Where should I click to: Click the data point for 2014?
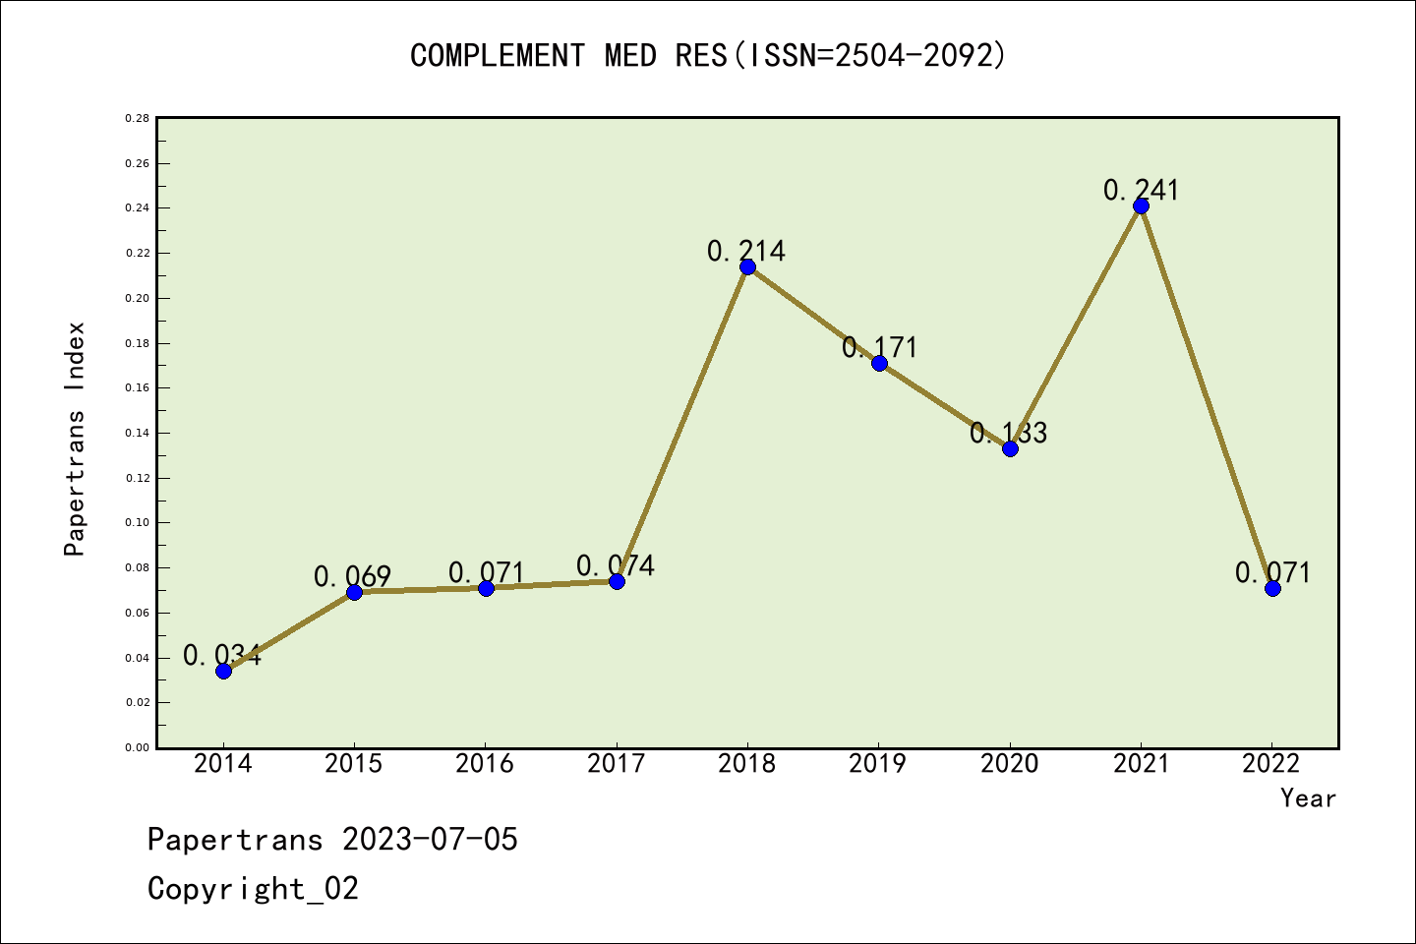[x=223, y=671]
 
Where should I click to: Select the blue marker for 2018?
[x=747, y=266]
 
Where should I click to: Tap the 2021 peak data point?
[x=1141, y=206]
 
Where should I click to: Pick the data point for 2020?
[x=1010, y=448]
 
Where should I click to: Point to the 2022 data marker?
[x=1272, y=588]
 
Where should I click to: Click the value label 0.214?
[x=746, y=251]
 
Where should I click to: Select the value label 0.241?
[x=1141, y=190]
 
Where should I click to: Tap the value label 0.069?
[x=353, y=576]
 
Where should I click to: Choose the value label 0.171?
[x=879, y=347]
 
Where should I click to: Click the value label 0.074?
[x=616, y=565]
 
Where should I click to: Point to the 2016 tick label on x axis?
[x=485, y=763]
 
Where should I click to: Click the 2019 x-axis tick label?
[x=878, y=763]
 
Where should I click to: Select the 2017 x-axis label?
[x=616, y=763]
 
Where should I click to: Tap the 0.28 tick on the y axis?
[x=137, y=118]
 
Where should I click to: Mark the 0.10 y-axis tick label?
[x=137, y=523]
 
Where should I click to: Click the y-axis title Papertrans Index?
[x=75, y=439]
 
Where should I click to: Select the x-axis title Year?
[x=1308, y=798]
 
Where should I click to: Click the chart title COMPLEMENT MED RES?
[x=708, y=55]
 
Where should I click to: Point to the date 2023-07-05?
[x=430, y=840]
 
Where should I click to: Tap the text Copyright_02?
[x=253, y=889]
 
